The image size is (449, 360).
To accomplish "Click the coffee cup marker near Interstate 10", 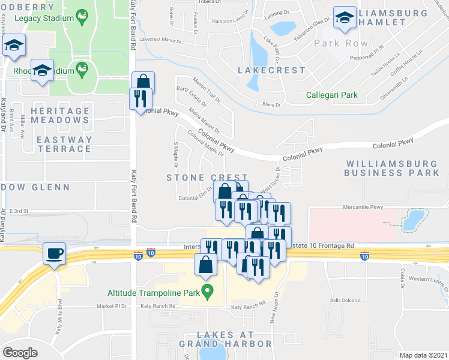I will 55,253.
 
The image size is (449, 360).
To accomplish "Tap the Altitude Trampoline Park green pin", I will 208,293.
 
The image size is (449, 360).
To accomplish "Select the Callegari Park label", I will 331,95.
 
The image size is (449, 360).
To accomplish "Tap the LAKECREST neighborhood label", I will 271,70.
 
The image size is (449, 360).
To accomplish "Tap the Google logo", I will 20,353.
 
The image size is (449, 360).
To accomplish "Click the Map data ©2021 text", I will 423,355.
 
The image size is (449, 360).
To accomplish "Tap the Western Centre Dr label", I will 427,280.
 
